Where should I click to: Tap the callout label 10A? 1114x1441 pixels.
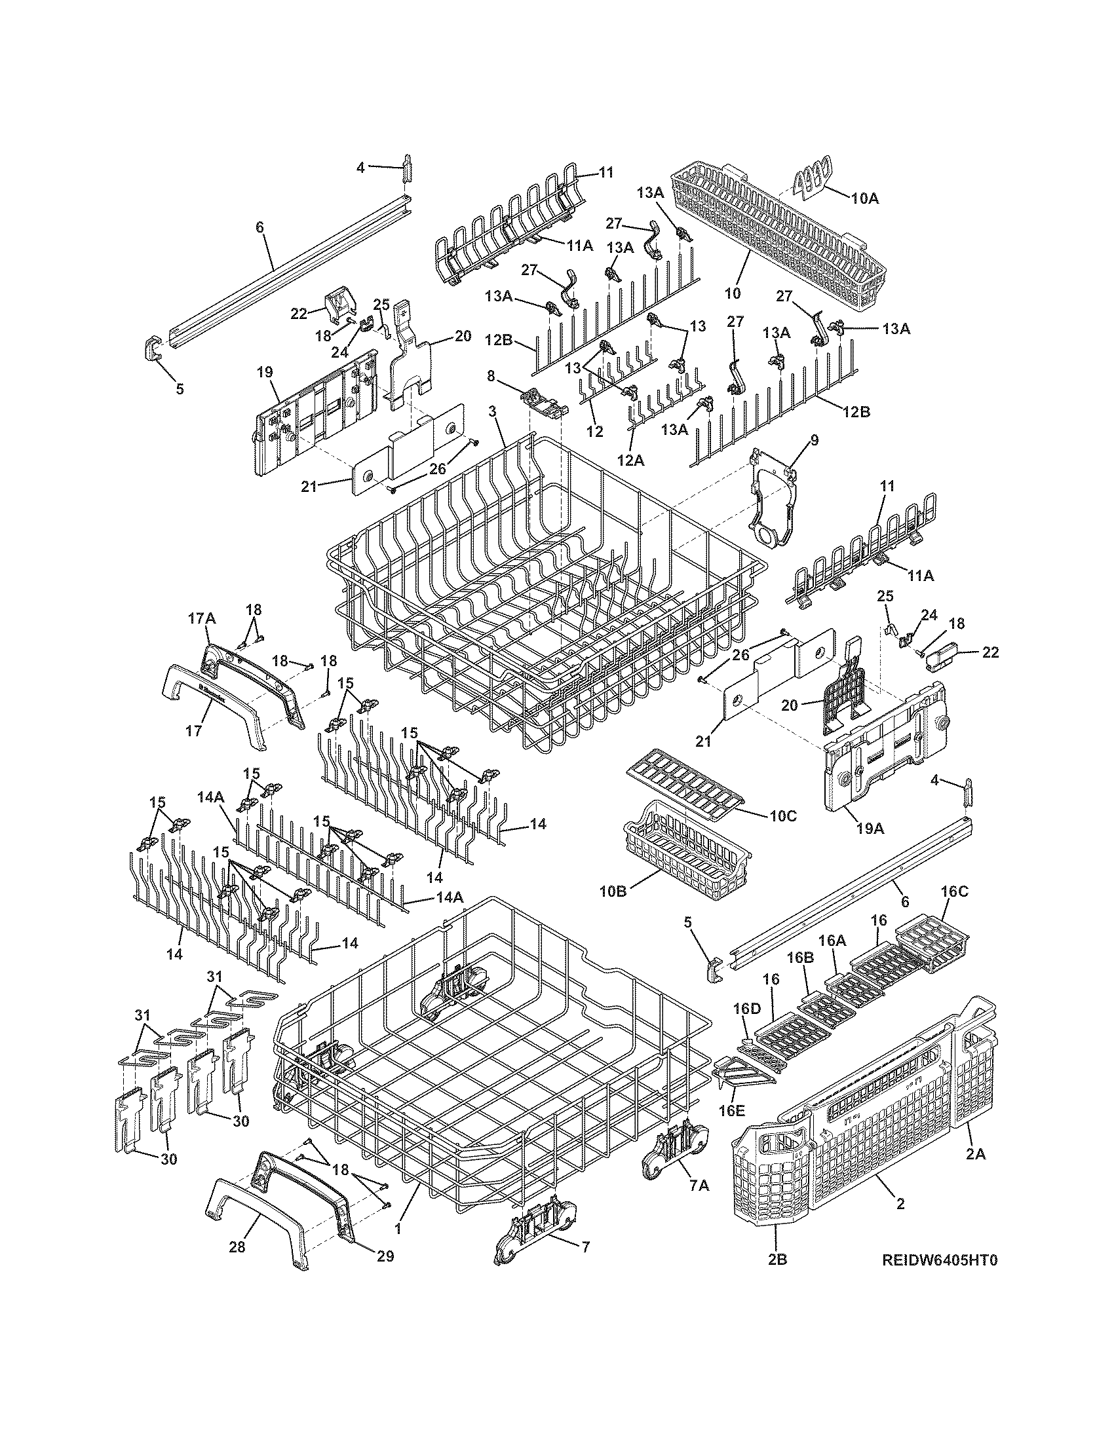click(x=864, y=198)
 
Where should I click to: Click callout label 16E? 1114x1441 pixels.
click(x=731, y=1110)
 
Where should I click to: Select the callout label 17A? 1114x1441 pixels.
click(x=202, y=618)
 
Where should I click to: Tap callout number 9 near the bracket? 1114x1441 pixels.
click(x=814, y=440)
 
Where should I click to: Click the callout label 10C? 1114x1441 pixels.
click(x=782, y=816)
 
